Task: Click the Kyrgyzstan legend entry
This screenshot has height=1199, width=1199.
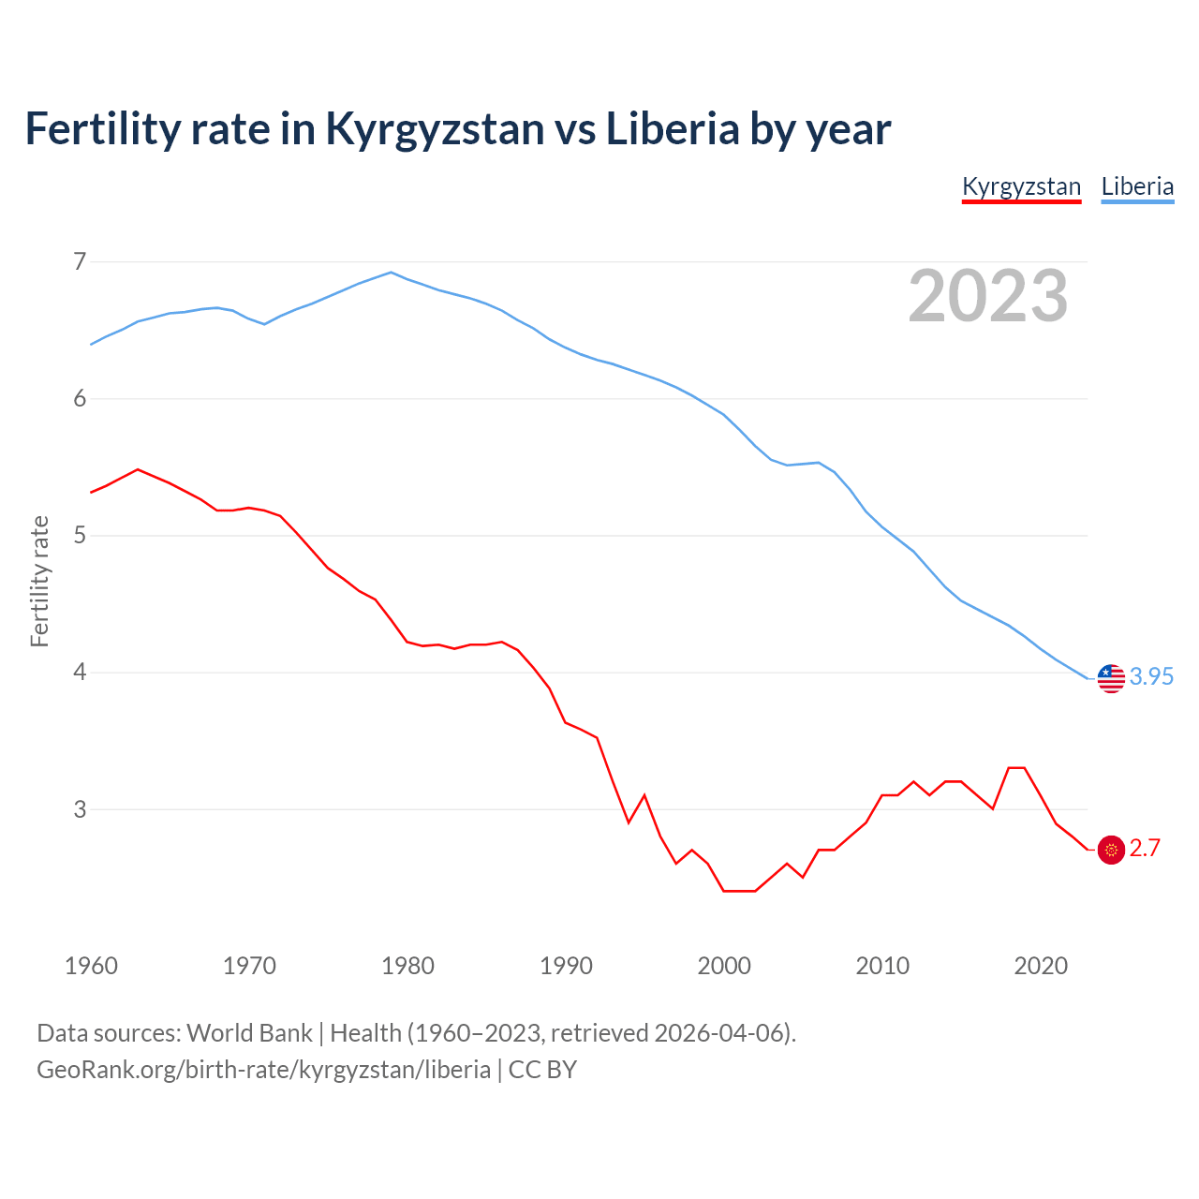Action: (1021, 186)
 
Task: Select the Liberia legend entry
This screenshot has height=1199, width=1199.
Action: (1137, 186)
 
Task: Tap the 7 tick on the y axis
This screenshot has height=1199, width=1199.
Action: (80, 261)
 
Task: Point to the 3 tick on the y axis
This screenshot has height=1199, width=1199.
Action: (80, 809)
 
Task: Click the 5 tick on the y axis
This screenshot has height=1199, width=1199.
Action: (80, 536)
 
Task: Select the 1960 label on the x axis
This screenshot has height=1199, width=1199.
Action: (91, 966)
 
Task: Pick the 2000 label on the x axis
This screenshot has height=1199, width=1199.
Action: (724, 966)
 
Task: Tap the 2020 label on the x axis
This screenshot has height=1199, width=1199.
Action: (1041, 966)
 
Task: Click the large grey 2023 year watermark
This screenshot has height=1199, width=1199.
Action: (988, 296)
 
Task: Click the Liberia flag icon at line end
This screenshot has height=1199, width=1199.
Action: (1111, 677)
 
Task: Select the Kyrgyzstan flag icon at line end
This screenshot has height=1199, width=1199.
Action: (1111, 850)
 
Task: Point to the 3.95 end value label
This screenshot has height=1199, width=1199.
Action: (1151, 676)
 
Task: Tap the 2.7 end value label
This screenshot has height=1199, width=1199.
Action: (1145, 848)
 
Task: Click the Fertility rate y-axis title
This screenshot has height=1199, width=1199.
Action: (39, 581)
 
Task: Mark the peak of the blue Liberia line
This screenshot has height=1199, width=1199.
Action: (392, 273)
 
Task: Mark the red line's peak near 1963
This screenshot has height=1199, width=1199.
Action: (138, 469)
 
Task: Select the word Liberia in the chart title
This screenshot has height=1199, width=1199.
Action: (673, 129)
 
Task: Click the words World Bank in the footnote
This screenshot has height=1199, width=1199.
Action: (249, 1033)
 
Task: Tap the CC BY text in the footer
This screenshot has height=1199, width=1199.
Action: (542, 1070)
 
